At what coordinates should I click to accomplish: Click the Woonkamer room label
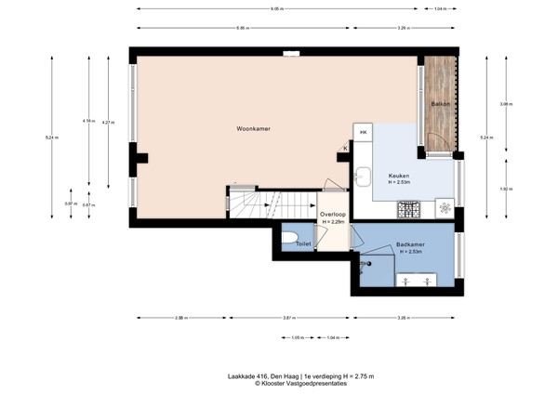[254, 128]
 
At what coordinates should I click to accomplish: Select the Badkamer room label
[410, 246]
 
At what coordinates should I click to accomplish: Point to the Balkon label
[440, 104]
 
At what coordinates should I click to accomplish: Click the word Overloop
[332, 215]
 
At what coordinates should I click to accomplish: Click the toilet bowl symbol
[290, 239]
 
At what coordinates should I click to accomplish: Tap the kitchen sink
[364, 176]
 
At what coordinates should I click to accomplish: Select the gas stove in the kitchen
[408, 209]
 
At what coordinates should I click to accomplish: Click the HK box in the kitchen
[364, 132]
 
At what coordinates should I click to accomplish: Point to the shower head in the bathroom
[368, 262]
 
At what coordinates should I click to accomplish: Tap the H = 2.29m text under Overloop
[333, 222]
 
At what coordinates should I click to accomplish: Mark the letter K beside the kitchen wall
[345, 148]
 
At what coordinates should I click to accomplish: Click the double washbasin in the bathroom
[417, 279]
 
